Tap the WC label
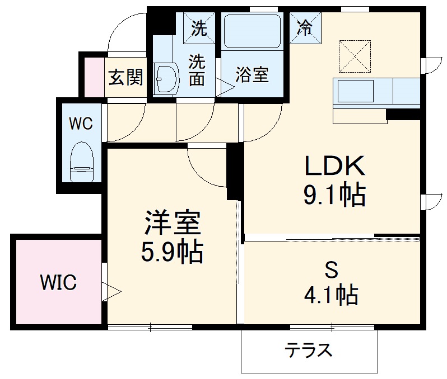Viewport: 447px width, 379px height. click(x=81, y=123)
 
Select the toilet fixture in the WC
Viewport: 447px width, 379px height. click(x=82, y=162)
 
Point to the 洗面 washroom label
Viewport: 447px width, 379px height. click(x=196, y=70)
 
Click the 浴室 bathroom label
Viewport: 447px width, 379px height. click(x=252, y=75)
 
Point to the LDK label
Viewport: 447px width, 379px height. click(x=335, y=165)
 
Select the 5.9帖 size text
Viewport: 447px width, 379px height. click(x=171, y=253)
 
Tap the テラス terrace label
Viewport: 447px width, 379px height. click(x=309, y=350)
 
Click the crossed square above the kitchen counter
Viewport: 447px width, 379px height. click(x=355, y=56)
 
